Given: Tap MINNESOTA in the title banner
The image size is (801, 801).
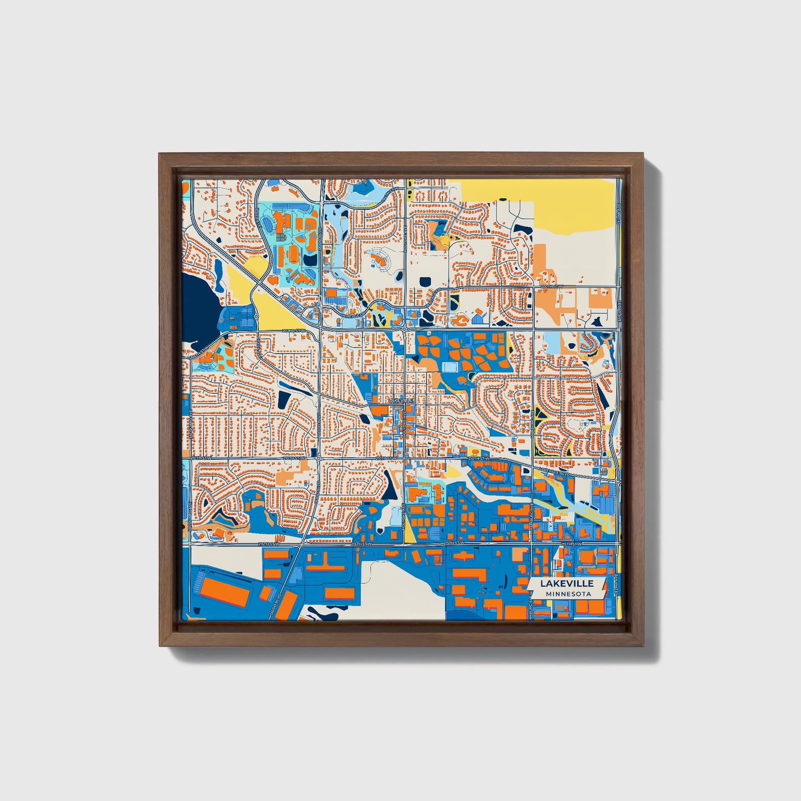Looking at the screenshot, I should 567,594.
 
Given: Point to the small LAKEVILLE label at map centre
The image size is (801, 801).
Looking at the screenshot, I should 400,400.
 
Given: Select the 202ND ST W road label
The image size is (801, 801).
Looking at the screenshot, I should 293,331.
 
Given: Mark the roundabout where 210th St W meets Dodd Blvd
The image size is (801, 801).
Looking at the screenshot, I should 318,458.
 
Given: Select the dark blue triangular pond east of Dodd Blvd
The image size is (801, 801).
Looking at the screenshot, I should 391,488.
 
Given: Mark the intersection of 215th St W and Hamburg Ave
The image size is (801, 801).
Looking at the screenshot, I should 533,545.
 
